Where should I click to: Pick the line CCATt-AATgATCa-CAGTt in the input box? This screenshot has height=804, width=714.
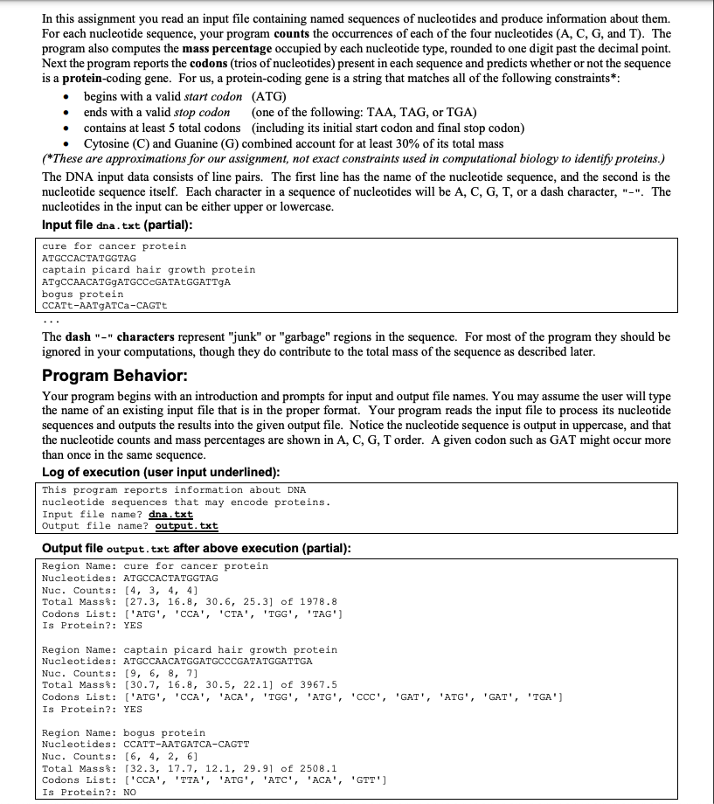(104, 305)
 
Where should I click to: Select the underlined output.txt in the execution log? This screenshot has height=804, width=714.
(186, 525)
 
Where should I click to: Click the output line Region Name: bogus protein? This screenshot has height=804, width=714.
(123, 732)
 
